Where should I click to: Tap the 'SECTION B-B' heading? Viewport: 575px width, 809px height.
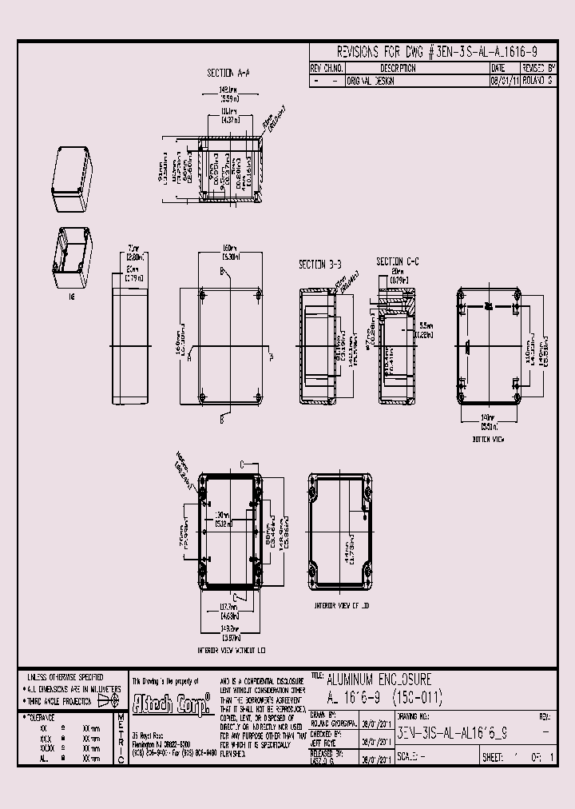(x=319, y=264)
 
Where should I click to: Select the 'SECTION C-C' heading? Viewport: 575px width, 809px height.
(x=399, y=261)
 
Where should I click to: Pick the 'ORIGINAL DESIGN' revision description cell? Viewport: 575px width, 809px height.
(x=370, y=81)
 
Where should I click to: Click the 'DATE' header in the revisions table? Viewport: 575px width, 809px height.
(x=499, y=69)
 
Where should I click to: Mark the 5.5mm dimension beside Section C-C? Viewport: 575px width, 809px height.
(x=423, y=330)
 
